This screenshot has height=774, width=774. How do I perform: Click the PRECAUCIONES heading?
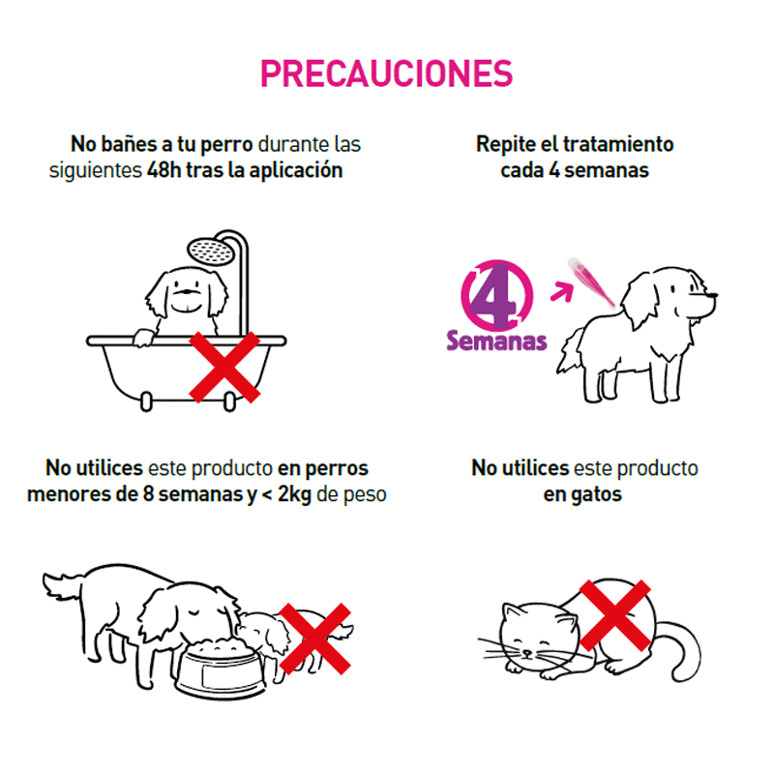pos(386,74)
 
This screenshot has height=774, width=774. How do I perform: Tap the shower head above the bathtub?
pos(211,251)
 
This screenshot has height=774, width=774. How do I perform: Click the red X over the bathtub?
pos(224,367)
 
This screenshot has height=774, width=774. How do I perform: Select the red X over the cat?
pos(614,615)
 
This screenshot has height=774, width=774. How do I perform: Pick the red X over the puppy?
pos(315,639)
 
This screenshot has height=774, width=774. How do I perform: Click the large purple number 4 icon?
pos(496,295)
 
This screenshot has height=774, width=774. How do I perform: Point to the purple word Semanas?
pos(496,342)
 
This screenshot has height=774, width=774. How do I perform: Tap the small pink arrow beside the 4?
pos(563,291)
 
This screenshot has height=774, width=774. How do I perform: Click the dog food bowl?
pos(221,668)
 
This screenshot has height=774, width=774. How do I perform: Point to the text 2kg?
pos(294,494)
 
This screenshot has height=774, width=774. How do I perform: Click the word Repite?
pos(505,144)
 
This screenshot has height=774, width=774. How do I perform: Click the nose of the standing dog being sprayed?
pos(712,296)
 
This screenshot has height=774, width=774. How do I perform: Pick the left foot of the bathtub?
pos(146,402)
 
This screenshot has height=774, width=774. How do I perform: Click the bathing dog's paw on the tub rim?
pos(142,338)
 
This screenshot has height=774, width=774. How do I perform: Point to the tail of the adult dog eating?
pos(63,584)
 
